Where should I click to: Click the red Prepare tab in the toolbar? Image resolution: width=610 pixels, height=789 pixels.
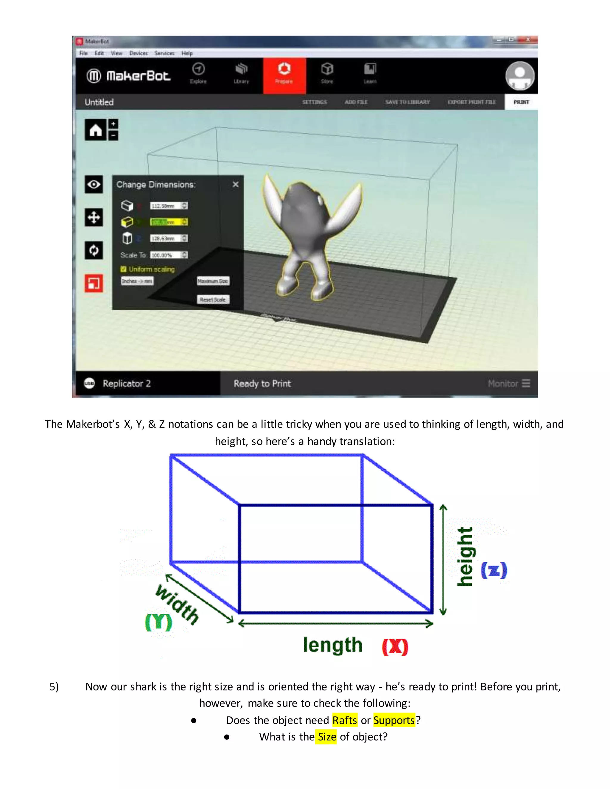click(x=284, y=75)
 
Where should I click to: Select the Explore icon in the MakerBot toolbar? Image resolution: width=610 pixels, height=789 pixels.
click(x=198, y=73)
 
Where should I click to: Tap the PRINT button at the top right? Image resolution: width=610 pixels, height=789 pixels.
click(x=521, y=102)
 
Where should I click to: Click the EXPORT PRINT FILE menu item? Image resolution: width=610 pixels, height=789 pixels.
click(x=471, y=102)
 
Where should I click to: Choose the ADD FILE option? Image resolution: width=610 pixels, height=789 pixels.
click(x=356, y=102)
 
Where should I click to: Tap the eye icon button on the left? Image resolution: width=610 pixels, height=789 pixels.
click(x=94, y=185)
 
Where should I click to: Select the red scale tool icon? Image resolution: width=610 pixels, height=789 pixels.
click(x=94, y=283)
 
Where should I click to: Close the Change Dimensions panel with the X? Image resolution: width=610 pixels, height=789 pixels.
click(x=236, y=185)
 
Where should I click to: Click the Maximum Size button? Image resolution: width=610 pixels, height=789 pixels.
click(x=213, y=281)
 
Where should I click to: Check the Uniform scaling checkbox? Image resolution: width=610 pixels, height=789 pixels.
click(x=124, y=269)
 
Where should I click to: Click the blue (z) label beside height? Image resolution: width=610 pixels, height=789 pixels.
click(x=494, y=570)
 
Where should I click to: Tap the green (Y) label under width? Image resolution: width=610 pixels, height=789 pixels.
click(x=158, y=622)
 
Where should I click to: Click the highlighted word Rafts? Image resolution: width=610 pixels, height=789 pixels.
click(x=345, y=720)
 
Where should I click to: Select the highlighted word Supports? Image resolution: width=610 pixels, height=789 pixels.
click(x=394, y=720)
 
